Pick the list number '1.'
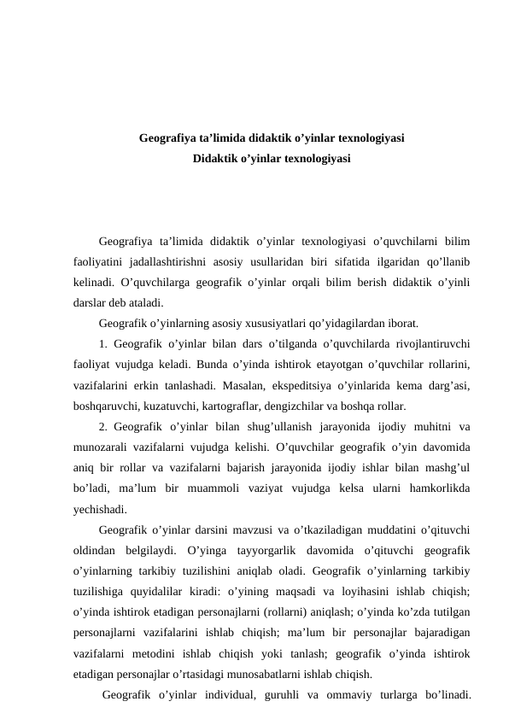click(102, 344)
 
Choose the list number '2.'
click(102, 427)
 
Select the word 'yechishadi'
click(101, 510)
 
